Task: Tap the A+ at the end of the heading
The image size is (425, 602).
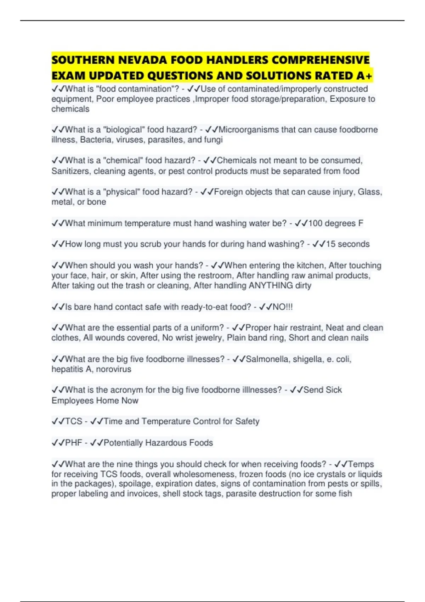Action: pyautogui.click(x=364, y=76)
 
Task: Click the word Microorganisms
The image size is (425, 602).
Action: pyautogui.click(x=248, y=130)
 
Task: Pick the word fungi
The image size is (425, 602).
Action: pyautogui.click(x=213, y=140)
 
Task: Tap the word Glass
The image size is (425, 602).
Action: pyautogui.click(x=370, y=192)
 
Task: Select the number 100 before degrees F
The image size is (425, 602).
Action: pyautogui.click(x=315, y=223)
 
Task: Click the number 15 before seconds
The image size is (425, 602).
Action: pyautogui.click(x=330, y=244)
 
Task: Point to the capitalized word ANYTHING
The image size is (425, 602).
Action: pyautogui.click(x=271, y=286)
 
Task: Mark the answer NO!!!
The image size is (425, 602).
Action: pyautogui.click(x=282, y=307)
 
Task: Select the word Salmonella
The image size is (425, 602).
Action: pyautogui.click(x=267, y=359)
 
